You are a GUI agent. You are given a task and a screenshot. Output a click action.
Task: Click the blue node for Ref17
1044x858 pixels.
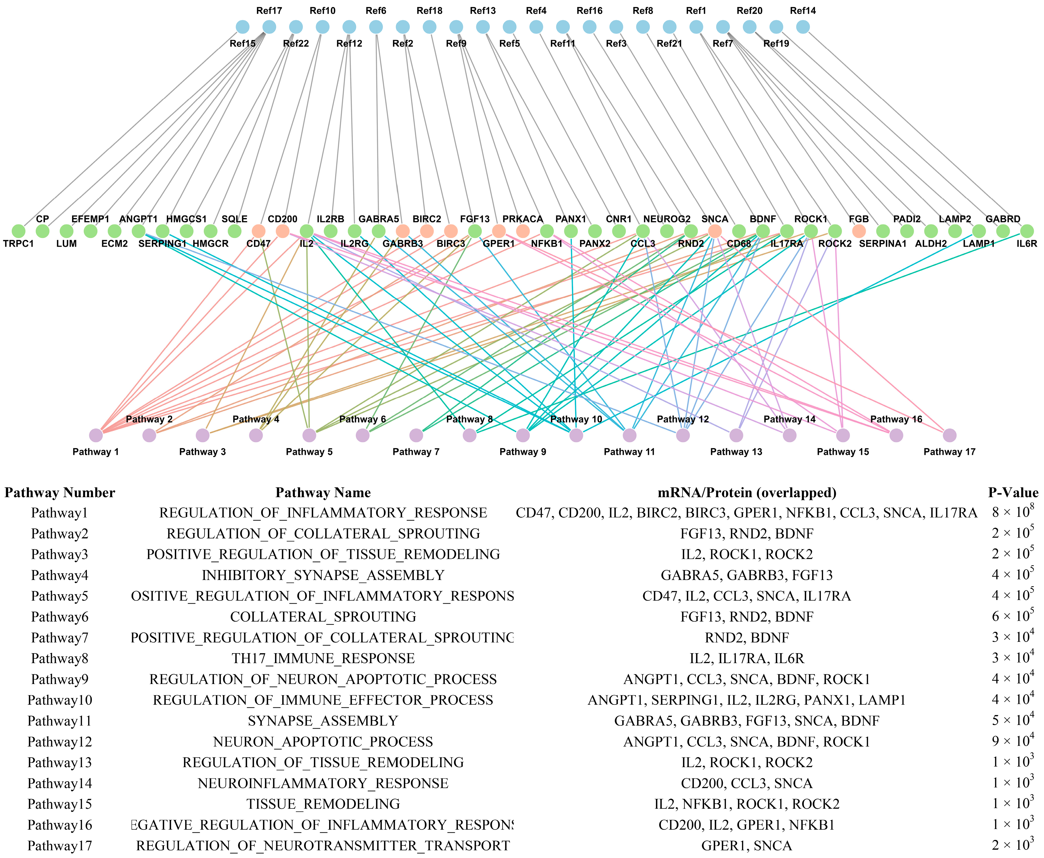(x=269, y=27)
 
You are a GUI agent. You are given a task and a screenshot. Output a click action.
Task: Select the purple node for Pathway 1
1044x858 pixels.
(x=96, y=436)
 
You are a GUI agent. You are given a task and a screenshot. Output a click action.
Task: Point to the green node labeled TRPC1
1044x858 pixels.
(x=18, y=231)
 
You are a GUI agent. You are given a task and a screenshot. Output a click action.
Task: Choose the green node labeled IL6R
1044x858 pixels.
(x=1027, y=231)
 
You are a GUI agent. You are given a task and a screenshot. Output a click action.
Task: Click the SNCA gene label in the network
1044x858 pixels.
(x=715, y=219)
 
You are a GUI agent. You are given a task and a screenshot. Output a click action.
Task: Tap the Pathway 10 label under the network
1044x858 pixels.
(x=576, y=419)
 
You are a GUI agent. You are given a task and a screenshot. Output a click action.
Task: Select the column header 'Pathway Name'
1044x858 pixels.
(x=323, y=493)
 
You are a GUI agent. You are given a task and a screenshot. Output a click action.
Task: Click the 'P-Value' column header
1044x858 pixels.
(x=1013, y=493)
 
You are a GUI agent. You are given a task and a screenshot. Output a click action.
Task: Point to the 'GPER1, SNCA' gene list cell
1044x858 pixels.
(x=746, y=846)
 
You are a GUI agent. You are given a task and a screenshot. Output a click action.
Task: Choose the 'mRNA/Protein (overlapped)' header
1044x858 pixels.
(x=746, y=493)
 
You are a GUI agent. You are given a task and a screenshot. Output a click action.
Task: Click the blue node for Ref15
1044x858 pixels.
(x=242, y=27)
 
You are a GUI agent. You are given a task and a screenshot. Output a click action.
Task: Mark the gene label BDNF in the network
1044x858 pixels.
(x=763, y=219)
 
